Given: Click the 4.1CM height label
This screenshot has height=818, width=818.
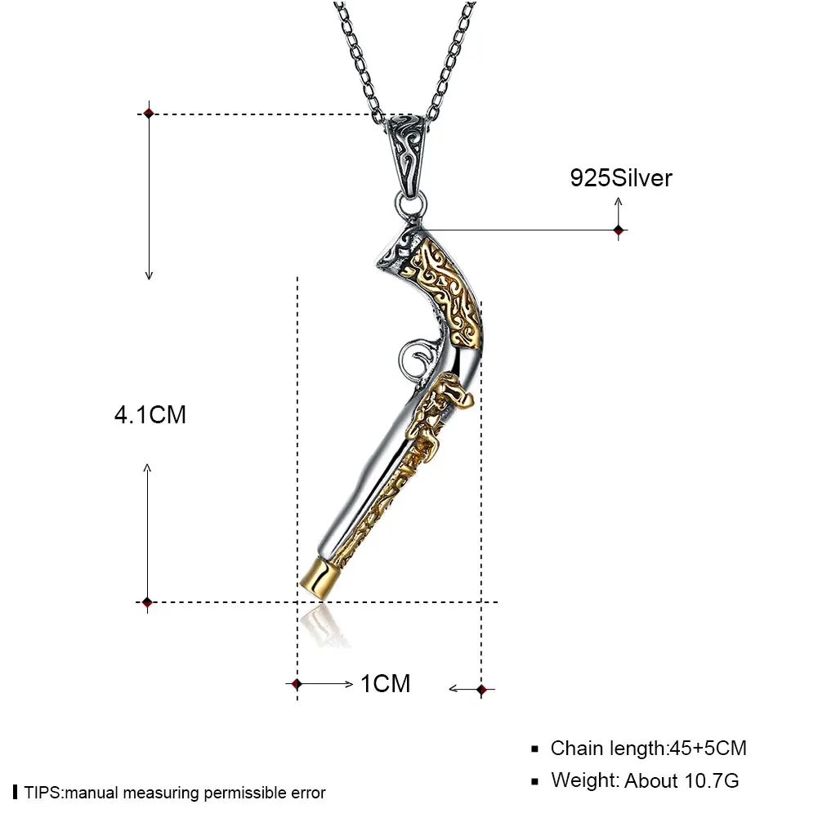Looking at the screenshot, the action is tap(150, 415).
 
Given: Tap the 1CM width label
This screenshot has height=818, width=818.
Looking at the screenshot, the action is tap(386, 684).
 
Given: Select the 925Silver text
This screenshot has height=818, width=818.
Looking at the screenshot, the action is tap(621, 178).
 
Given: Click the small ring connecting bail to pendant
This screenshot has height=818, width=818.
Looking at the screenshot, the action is tap(410, 205).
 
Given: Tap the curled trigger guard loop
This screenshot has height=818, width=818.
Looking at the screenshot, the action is tap(415, 359).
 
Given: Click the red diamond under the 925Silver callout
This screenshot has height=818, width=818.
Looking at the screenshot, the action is tap(619, 230).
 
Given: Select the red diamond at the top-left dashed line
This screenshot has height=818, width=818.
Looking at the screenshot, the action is tap(149, 114).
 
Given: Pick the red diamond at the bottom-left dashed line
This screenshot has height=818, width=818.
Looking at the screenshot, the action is tap(147, 602).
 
